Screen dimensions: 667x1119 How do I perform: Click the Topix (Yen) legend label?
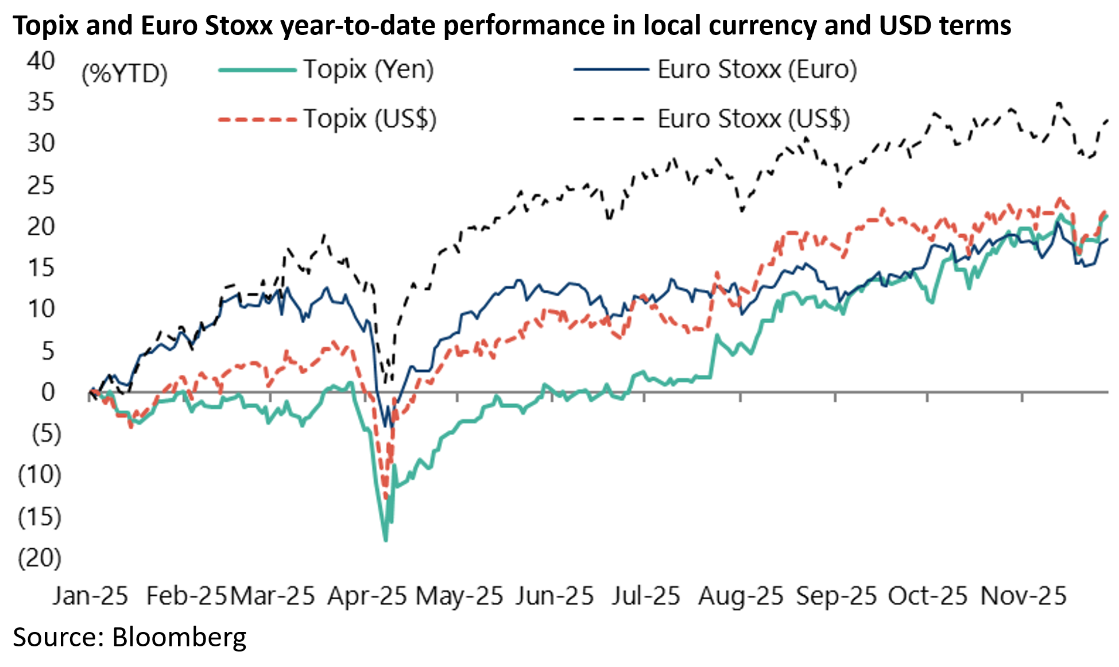coord(368,69)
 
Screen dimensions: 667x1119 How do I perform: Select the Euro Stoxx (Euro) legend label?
coord(757,69)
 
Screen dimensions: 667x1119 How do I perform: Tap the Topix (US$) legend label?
coord(370,119)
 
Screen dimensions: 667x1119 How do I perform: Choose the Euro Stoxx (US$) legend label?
coord(753,119)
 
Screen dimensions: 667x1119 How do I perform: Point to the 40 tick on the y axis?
coord(41,60)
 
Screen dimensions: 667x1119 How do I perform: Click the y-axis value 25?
coord(41,185)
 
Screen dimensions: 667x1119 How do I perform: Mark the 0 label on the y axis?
coord(48,392)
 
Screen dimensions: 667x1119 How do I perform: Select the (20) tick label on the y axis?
coord(40,557)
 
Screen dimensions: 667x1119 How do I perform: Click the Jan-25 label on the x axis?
coord(90,596)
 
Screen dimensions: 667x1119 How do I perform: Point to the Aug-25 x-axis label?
coord(741,596)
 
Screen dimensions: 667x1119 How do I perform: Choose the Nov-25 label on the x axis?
coord(1023,596)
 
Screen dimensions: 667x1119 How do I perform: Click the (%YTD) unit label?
coord(125,73)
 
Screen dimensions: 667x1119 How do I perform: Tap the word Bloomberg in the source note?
coord(179,637)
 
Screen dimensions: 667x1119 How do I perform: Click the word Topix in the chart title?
coord(45,26)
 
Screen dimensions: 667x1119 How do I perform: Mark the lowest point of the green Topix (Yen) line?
coord(385,540)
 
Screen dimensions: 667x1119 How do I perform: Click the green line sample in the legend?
coord(257,70)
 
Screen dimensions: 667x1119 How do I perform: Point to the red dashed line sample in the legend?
coord(257,119)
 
